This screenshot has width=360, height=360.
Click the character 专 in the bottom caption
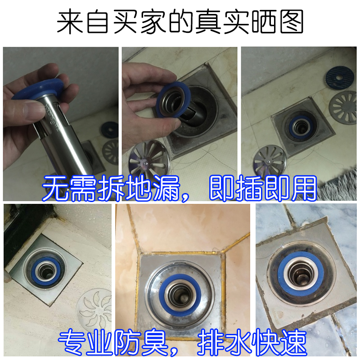(72, 342)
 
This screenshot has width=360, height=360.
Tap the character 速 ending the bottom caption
(294, 342)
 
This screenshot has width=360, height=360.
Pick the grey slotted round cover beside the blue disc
(343, 108)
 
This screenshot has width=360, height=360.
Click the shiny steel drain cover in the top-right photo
(270, 160)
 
